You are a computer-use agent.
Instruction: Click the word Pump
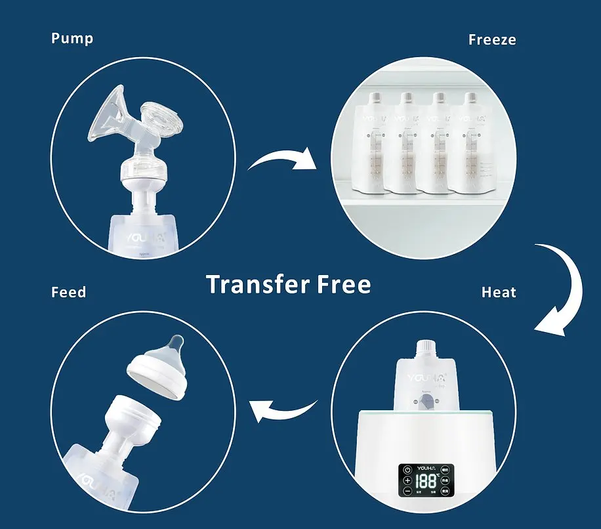(72, 38)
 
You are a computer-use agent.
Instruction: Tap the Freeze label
(492, 39)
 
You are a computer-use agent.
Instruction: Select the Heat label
(499, 292)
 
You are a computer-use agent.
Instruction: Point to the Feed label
(68, 291)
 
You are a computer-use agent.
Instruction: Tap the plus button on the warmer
(407, 480)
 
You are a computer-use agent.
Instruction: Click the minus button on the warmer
(407, 491)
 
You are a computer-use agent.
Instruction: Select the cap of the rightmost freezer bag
(470, 98)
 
